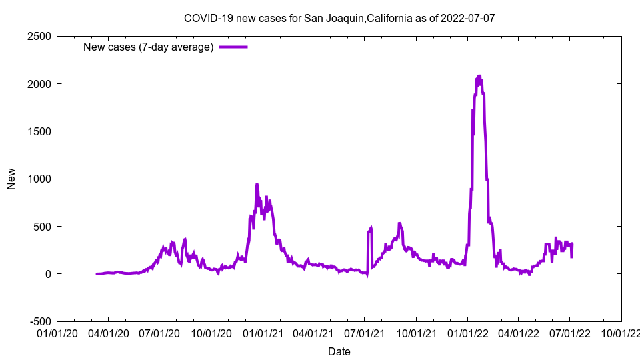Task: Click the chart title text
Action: pos(339,18)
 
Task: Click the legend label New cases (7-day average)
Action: pos(148,47)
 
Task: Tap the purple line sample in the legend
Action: pos(233,47)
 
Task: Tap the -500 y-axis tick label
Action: pos(41,321)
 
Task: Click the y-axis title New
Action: pos(11,179)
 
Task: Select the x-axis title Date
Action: pos(339,351)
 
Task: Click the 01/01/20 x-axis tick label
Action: pos(57,332)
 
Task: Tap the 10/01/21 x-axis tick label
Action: pos(416,332)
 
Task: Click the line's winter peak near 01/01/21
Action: pos(257,185)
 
